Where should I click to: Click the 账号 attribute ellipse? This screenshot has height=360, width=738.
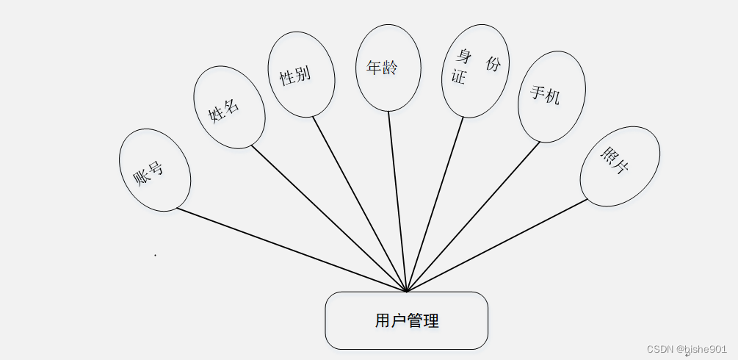155,170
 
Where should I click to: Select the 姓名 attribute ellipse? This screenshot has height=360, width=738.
228,107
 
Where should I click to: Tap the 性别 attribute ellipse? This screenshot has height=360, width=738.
301,75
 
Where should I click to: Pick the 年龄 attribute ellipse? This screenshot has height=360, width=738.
388,68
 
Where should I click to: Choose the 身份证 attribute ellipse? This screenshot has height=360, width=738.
475,71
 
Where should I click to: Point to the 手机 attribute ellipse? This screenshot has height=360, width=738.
551,96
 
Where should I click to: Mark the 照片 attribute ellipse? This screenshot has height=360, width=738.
619,167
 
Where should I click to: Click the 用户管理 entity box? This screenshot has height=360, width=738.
406,320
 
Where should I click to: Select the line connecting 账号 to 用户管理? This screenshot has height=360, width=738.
292,250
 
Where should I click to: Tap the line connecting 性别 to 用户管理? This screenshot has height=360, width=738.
360,204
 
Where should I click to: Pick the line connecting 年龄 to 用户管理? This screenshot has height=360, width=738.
397,201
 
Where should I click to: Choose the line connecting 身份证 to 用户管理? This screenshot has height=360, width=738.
435,204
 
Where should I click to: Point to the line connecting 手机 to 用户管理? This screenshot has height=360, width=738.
473,217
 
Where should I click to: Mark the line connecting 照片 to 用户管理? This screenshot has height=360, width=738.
497,245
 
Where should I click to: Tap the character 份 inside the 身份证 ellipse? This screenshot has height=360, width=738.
493,64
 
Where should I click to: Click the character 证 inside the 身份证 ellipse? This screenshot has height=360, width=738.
459,77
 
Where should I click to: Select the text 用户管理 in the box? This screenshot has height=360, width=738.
406,320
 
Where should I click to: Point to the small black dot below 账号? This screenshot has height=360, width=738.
155,255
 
